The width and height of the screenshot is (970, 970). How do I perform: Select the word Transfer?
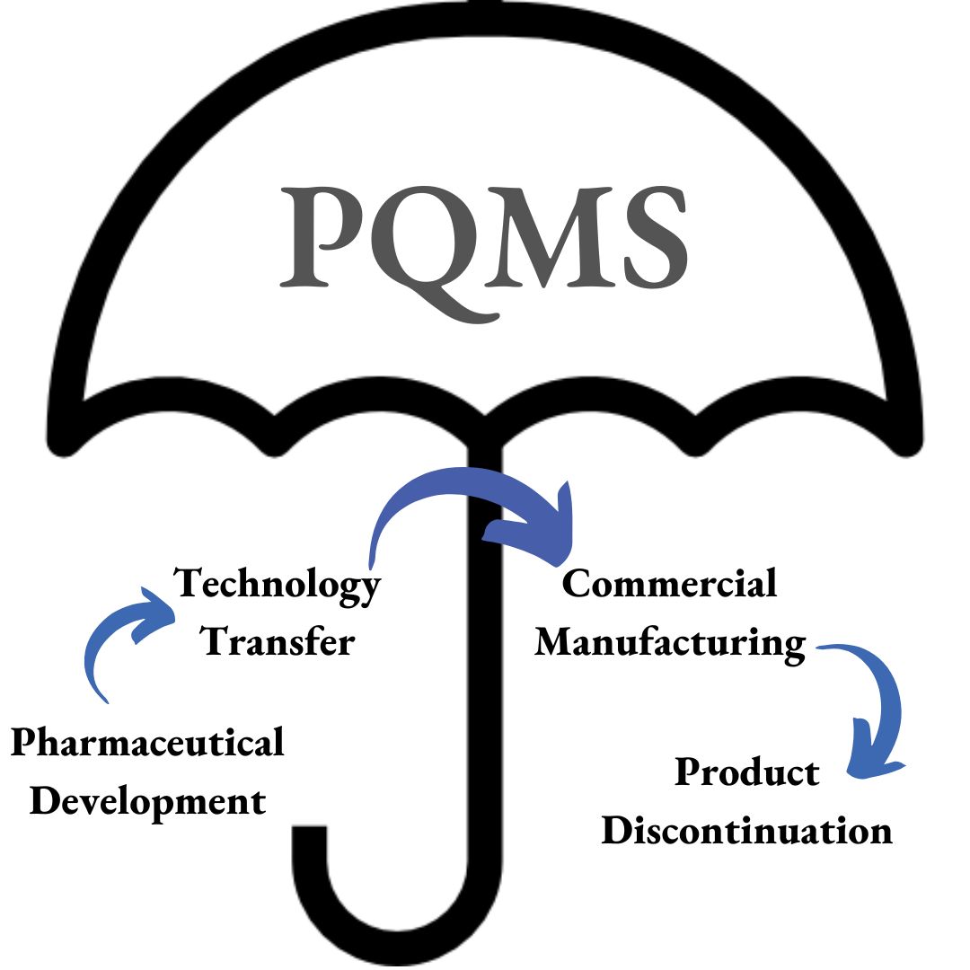278,641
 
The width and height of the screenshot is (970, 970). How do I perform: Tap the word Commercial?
669,584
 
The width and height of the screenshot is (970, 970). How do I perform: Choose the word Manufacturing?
669,643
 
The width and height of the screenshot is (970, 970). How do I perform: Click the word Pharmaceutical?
146,745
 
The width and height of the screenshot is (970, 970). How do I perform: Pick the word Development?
148,801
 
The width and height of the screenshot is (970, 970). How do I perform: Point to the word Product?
747,772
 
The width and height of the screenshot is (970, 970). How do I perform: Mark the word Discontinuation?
746,830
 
